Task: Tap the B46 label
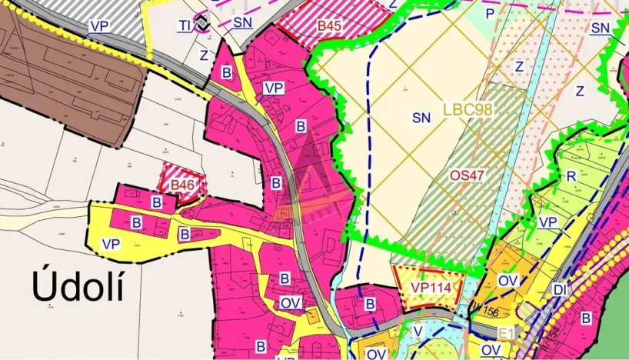point(183,185)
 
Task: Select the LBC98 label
point(467,109)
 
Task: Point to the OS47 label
point(467,175)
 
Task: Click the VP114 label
point(429,288)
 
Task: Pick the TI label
point(185,25)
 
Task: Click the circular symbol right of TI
point(201,24)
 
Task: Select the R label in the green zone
point(571,176)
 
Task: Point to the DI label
point(559,289)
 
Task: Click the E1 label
point(505,334)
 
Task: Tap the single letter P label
point(488,14)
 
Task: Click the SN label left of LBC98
point(421,118)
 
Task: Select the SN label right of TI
point(242,22)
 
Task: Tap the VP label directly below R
point(547,222)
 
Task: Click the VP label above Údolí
point(111,244)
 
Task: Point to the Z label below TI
point(204,55)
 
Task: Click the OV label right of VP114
point(508,281)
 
